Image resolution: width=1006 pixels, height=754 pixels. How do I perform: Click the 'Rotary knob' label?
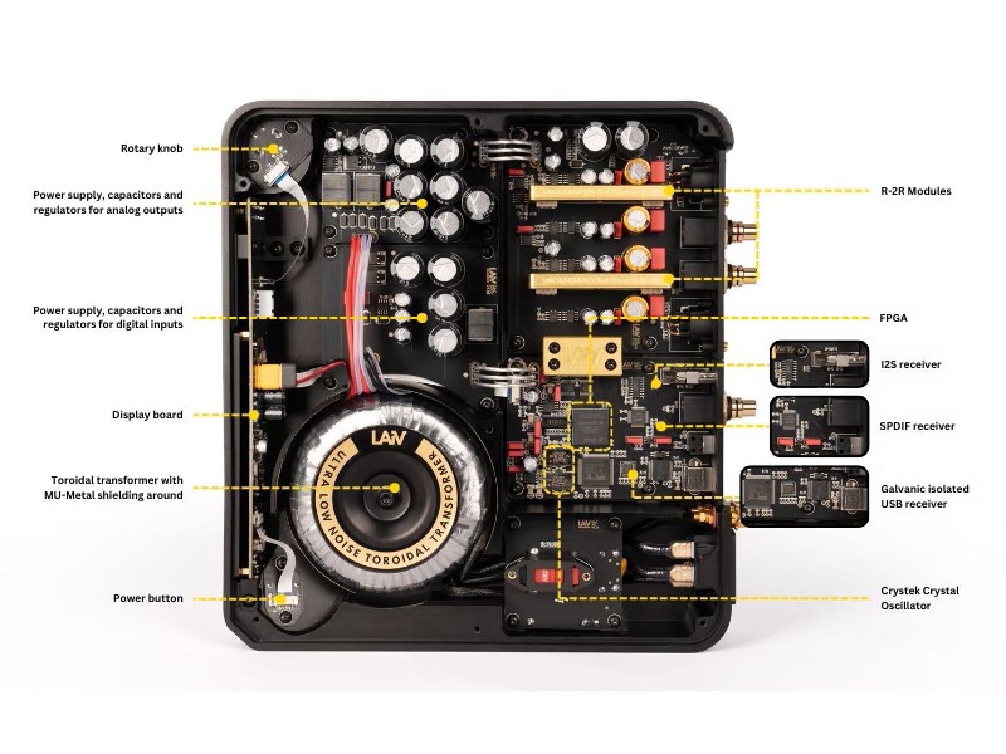tap(152, 149)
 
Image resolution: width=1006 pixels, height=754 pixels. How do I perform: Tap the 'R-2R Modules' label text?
tap(915, 191)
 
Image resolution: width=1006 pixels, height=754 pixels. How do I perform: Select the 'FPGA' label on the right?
tap(893, 318)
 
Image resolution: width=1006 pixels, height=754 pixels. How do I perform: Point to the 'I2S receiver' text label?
tap(910, 364)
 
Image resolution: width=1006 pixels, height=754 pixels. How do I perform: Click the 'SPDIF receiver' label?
tap(917, 426)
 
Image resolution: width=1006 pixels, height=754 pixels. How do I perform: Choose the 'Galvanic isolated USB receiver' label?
tap(924, 496)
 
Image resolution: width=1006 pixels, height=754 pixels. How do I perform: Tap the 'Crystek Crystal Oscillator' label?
tap(919, 598)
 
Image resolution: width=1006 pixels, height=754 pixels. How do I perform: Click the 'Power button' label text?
tap(148, 598)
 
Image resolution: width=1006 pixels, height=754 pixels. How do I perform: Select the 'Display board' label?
tap(147, 415)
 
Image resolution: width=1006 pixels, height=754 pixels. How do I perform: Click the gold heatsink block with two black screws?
tap(582, 355)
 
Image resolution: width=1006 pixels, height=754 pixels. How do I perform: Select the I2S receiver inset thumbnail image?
tap(819, 364)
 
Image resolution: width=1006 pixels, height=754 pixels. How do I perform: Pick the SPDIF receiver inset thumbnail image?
tap(819, 425)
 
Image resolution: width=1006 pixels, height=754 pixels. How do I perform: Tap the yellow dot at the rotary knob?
tap(273, 149)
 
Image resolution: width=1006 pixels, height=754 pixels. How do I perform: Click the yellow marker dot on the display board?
tap(254, 415)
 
